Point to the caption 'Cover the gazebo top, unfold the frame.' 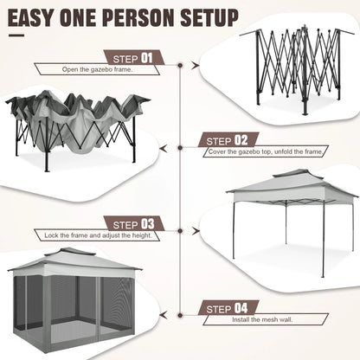pos(263,151)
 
